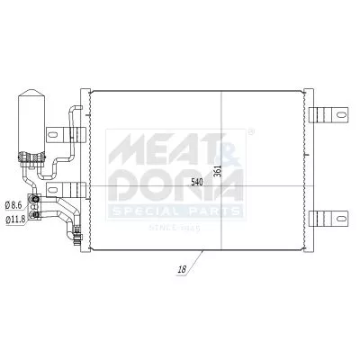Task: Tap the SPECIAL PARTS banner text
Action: (x=175, y=211)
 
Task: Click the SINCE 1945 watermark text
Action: (x=175, y=229)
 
